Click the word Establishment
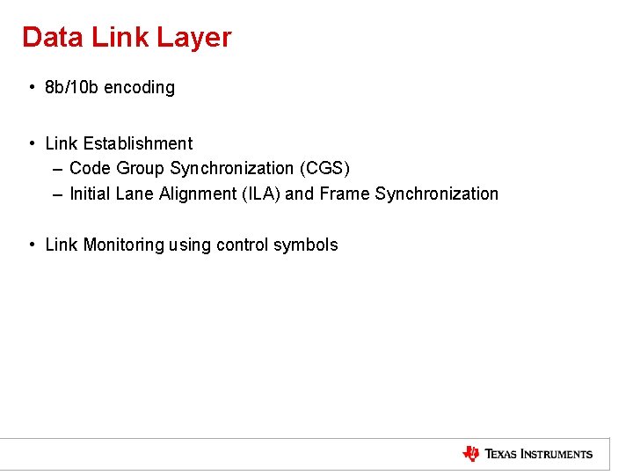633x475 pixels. tap(137, 143)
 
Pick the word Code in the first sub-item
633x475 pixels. tap(90, 168)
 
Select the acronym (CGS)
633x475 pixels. tap(324, 168)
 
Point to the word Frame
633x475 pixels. tap(345, 194)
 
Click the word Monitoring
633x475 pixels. tap(123, 245)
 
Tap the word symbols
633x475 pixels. tap(305, 245)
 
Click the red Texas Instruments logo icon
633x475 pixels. tap(471, 454)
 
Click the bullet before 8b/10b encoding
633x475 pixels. tap(31, 87)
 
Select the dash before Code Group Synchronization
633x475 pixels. tap(57, 168)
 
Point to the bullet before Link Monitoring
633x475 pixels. tap(31, 245)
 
